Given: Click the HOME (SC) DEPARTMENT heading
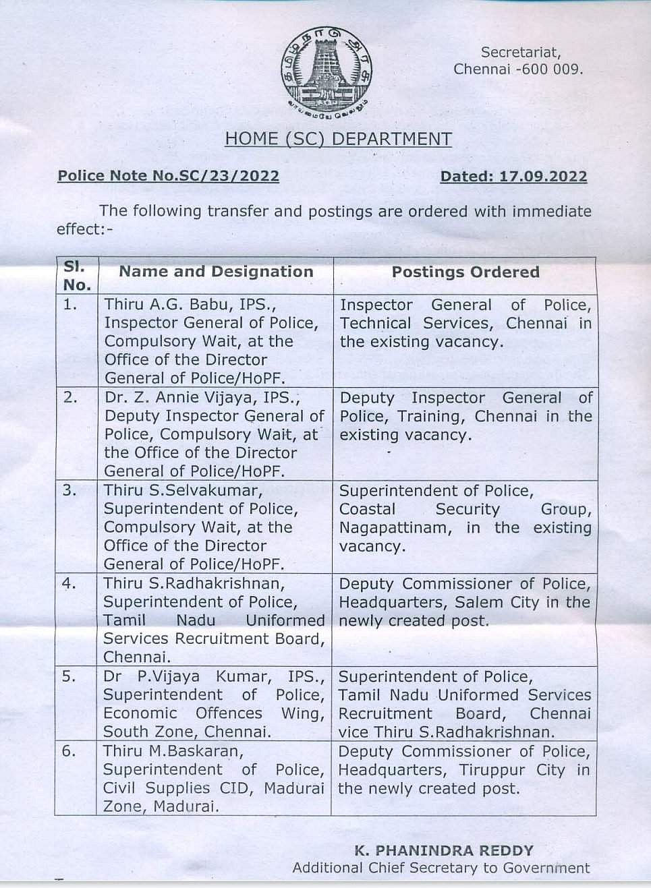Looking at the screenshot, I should (x=338, y=139).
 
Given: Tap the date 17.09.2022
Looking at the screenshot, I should (x=543, y=177).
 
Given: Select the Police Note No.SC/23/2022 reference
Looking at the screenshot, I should (x=168, y=176).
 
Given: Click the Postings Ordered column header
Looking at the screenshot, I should (x=465, y=272).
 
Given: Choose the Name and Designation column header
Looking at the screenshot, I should (x=216, y=272).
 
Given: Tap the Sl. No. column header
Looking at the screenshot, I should (x=76, y=275).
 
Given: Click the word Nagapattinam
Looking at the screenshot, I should (x=395, y=527).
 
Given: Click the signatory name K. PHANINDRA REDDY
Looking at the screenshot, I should (x=444, y=851).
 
